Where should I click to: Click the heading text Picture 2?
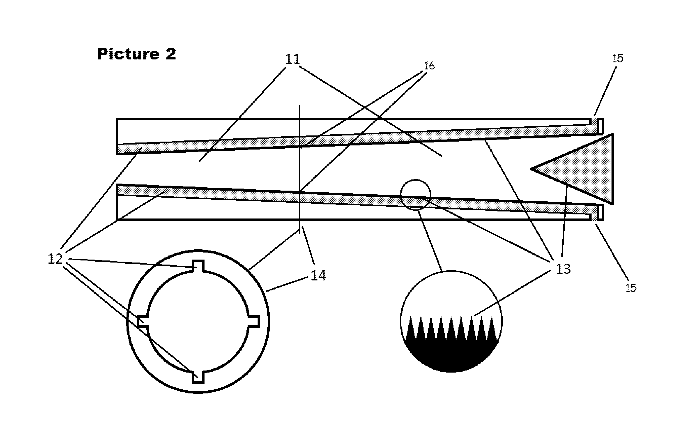(136, 54)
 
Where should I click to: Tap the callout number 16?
(429, 66)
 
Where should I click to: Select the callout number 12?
(55, 259)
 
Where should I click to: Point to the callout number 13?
(563, 269)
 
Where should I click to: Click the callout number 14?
(318, 275)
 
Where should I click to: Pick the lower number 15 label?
(631, 288)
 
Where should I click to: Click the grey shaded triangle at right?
(585, 169)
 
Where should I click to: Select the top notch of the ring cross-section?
(198, 266)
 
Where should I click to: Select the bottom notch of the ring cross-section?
(198, 377)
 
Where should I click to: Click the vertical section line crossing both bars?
(299, 169)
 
